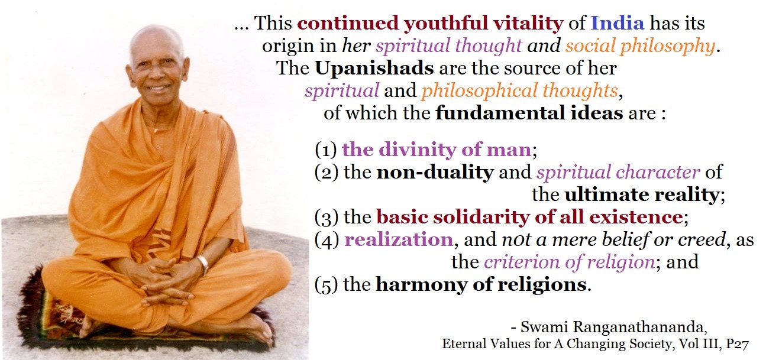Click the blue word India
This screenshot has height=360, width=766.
618,23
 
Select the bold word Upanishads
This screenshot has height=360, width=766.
374,69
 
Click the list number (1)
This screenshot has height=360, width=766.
326,150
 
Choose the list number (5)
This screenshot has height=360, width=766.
326,285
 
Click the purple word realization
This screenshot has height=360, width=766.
399,239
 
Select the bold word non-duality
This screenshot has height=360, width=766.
435,172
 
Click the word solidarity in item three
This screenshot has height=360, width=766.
481,217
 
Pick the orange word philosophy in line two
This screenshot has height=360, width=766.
667,46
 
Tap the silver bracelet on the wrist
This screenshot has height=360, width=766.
203,263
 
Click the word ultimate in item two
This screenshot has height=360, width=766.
606,194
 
